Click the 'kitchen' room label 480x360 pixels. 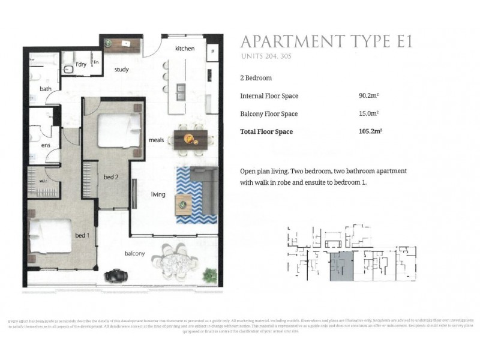pyautogui.click(x=185, y=48)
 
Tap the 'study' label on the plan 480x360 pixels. pyautogui.click(x=122, y=70)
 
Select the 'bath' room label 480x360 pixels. pyautogui.click(x=46, y=89)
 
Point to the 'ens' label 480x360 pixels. pyautogui.click(x=45, y=145)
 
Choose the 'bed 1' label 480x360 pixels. pyautogui.click(x=83, y=235)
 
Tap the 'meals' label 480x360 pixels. pyautogui.click(x=157, y=140)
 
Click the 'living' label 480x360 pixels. pyautogui.click(x=158, y=194)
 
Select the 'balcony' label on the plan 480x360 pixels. pyautogui.click(x=135, y=253)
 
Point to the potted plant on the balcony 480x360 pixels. pyautogui.click(x=209, y=275)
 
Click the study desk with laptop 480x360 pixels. pyautogui.click(x=122, y=44)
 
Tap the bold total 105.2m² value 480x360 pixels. pyautogui.click(x=370, y=131)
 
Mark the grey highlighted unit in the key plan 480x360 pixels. pyautogui.click(x=341, y=266)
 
